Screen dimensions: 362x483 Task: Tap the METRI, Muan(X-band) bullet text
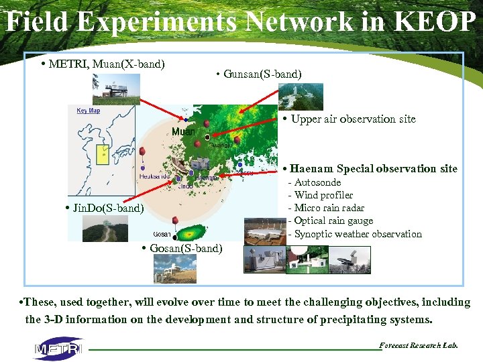click(107, 64)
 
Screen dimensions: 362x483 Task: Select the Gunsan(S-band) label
click(262, 74)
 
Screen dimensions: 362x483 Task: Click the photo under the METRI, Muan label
click(116, 88)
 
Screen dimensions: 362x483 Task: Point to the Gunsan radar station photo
click(301, 96)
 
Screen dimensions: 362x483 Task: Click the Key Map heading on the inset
click(88, 111)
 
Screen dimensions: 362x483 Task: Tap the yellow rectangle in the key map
click(104, 154)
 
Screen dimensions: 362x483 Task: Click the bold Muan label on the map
click(183, 131)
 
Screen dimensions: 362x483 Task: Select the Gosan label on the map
click(162, 234)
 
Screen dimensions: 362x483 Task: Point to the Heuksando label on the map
click(154, 176)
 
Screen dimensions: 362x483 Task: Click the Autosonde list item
click(317, 182)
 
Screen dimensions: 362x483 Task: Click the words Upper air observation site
click(353, 119)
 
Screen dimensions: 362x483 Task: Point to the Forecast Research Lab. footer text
click(419, 345)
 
